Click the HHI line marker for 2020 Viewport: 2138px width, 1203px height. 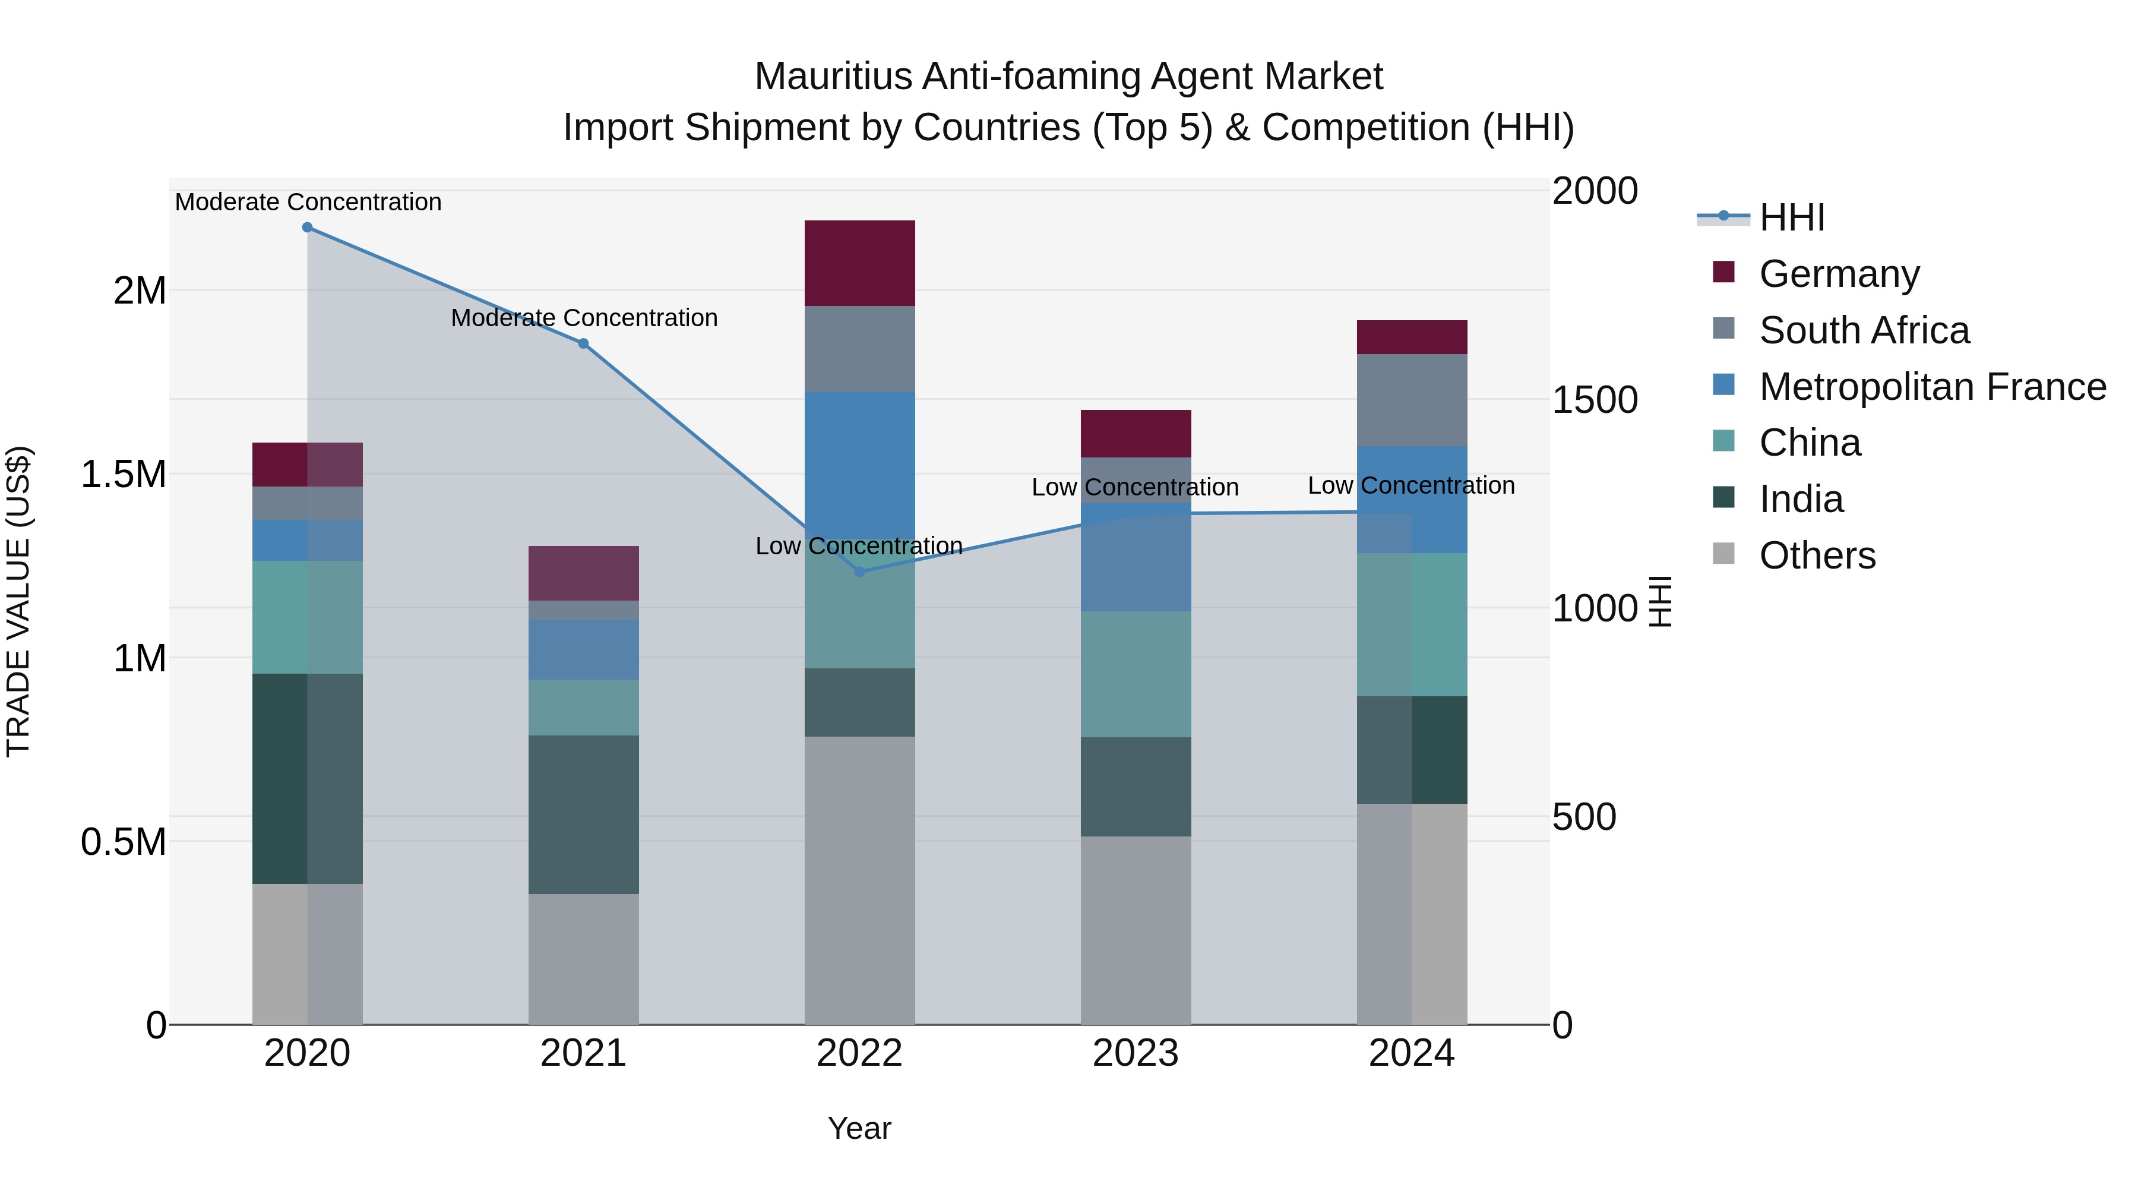[307, 228]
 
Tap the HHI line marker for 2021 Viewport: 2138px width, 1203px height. [583, 344]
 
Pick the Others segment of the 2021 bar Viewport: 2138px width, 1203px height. [583, 959]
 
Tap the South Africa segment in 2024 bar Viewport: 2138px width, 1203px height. [1412, 400]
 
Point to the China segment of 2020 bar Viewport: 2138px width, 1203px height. [307, 617]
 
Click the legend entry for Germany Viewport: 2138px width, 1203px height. [1838, 274]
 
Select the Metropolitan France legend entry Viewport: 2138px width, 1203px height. [1932, 387]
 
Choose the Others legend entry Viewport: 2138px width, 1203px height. [1817, 555]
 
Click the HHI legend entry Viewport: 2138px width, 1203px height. [1791, 217]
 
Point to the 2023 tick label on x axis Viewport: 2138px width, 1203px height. [1136, 1053]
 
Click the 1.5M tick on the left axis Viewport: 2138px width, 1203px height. [124, 475]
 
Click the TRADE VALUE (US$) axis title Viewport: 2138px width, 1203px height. [19, 601]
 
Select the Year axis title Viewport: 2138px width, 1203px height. [859, 1128]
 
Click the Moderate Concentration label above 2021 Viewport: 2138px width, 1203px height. [583, 318]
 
